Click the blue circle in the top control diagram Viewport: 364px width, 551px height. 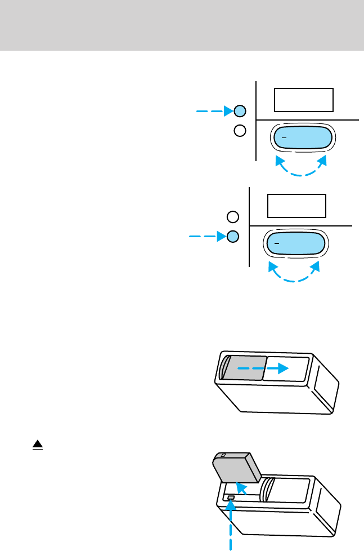(240, 111)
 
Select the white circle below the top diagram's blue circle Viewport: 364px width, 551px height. (240, 131)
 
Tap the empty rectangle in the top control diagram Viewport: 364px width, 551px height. (304, 100)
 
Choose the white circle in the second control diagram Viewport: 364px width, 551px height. (232, 217)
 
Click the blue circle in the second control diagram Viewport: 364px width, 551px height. (232, 237)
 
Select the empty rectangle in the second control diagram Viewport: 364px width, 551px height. (296, 206)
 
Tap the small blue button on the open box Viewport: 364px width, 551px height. (231, 497)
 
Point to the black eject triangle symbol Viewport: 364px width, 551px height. (38, 445)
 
